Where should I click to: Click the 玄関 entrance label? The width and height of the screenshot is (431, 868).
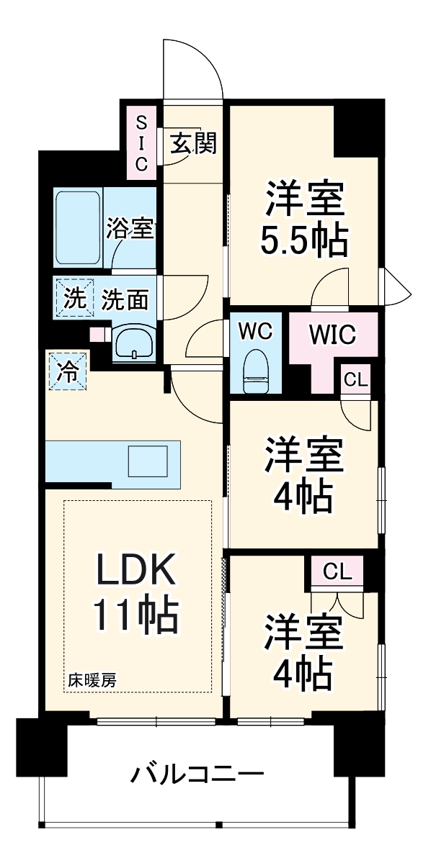point(194,143)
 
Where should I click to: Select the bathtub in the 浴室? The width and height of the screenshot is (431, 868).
point(78,228)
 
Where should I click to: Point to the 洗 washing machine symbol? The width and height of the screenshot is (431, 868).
point(74,298)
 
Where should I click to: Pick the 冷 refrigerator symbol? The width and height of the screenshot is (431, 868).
point(68,371)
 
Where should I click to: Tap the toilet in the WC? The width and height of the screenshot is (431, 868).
point(256,371)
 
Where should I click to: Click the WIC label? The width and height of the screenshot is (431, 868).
point(333,334)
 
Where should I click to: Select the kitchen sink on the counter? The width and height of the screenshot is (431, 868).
point(148,461)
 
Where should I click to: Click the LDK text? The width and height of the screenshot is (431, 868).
point(135,571)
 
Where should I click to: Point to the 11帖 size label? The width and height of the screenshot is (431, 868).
point(135,616)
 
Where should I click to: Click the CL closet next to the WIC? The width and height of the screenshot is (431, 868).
point(356,381)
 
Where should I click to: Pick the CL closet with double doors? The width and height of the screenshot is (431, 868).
point(337,571)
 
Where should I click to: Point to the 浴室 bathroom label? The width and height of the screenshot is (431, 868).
point(130,229)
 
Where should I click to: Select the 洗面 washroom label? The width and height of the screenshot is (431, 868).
point(125,299)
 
